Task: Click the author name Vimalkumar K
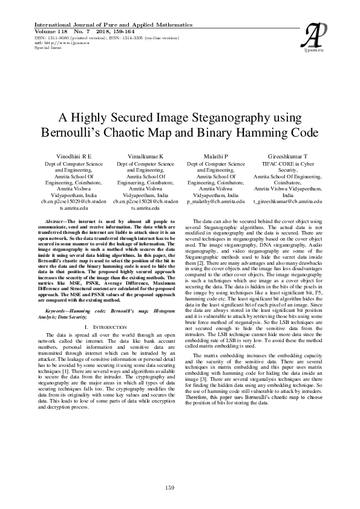pos(145,155)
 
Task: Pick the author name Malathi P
pos(216,155)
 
